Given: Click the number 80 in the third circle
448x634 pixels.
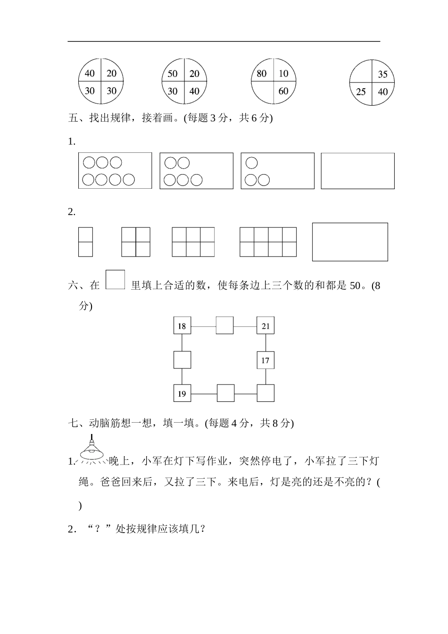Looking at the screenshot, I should tap(262, 74).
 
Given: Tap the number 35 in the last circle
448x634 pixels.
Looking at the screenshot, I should tap(383, 74).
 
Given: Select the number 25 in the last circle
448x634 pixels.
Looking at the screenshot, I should tap(361, 92).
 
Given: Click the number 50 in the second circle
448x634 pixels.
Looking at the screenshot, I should tap(173, 74).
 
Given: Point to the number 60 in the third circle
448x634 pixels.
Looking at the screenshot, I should tap(283, 91).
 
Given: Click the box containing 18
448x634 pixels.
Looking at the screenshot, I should tap(182, 325).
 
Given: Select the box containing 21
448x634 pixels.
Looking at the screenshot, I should tap(265, 325).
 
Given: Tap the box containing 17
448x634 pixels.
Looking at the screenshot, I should tap(265, 360).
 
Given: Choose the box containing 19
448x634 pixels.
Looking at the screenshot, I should tap(182, 393).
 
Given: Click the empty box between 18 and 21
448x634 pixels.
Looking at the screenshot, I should tap(224, 325).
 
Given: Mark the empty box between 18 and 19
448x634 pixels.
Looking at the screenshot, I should tap(182, 359).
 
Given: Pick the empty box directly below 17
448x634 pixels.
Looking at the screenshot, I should tap(265, 393).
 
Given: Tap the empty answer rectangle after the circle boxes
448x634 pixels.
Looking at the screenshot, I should tap(357, 171).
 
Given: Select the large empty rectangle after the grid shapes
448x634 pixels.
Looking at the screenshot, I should tap(350, 242).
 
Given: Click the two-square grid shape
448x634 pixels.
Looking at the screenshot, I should tap(85, 242).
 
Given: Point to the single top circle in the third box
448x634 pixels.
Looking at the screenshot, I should tap(251, 163).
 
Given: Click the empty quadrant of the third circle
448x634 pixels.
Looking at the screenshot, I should tap(262, 92).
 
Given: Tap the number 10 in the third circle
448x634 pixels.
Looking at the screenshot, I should tap(283, 74).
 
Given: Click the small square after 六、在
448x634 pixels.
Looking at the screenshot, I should tap(115, 279).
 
